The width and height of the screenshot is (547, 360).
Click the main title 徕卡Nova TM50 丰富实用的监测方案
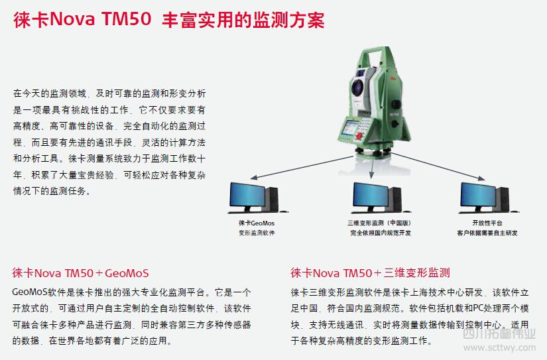click(169, 20)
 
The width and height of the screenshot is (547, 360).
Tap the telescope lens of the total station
click(359, 86)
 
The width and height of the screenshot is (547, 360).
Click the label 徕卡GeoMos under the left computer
click(255, 223)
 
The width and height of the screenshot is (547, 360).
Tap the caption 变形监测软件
click(255, 233)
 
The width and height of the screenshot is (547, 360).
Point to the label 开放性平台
click(487, 223)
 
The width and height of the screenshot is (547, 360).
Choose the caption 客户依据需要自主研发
click(487, 233)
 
